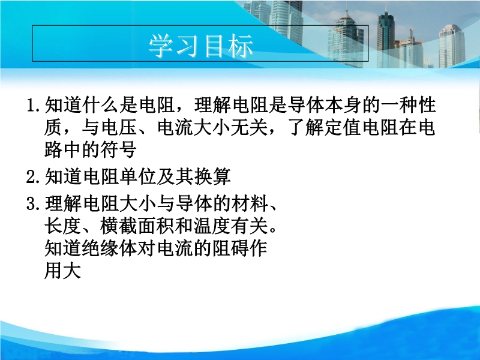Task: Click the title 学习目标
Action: [x=201, y=46]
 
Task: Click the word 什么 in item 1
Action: [x=100, y=105]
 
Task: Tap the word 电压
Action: [x=119, y=128]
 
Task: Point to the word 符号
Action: [x=119, y=150]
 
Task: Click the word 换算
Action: [x=212, y=176]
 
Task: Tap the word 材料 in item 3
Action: [x=250, y=203]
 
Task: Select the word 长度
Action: [x=63, y=226]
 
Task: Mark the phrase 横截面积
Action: [x=137, y=226]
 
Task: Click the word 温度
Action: [x=212, y=226]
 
